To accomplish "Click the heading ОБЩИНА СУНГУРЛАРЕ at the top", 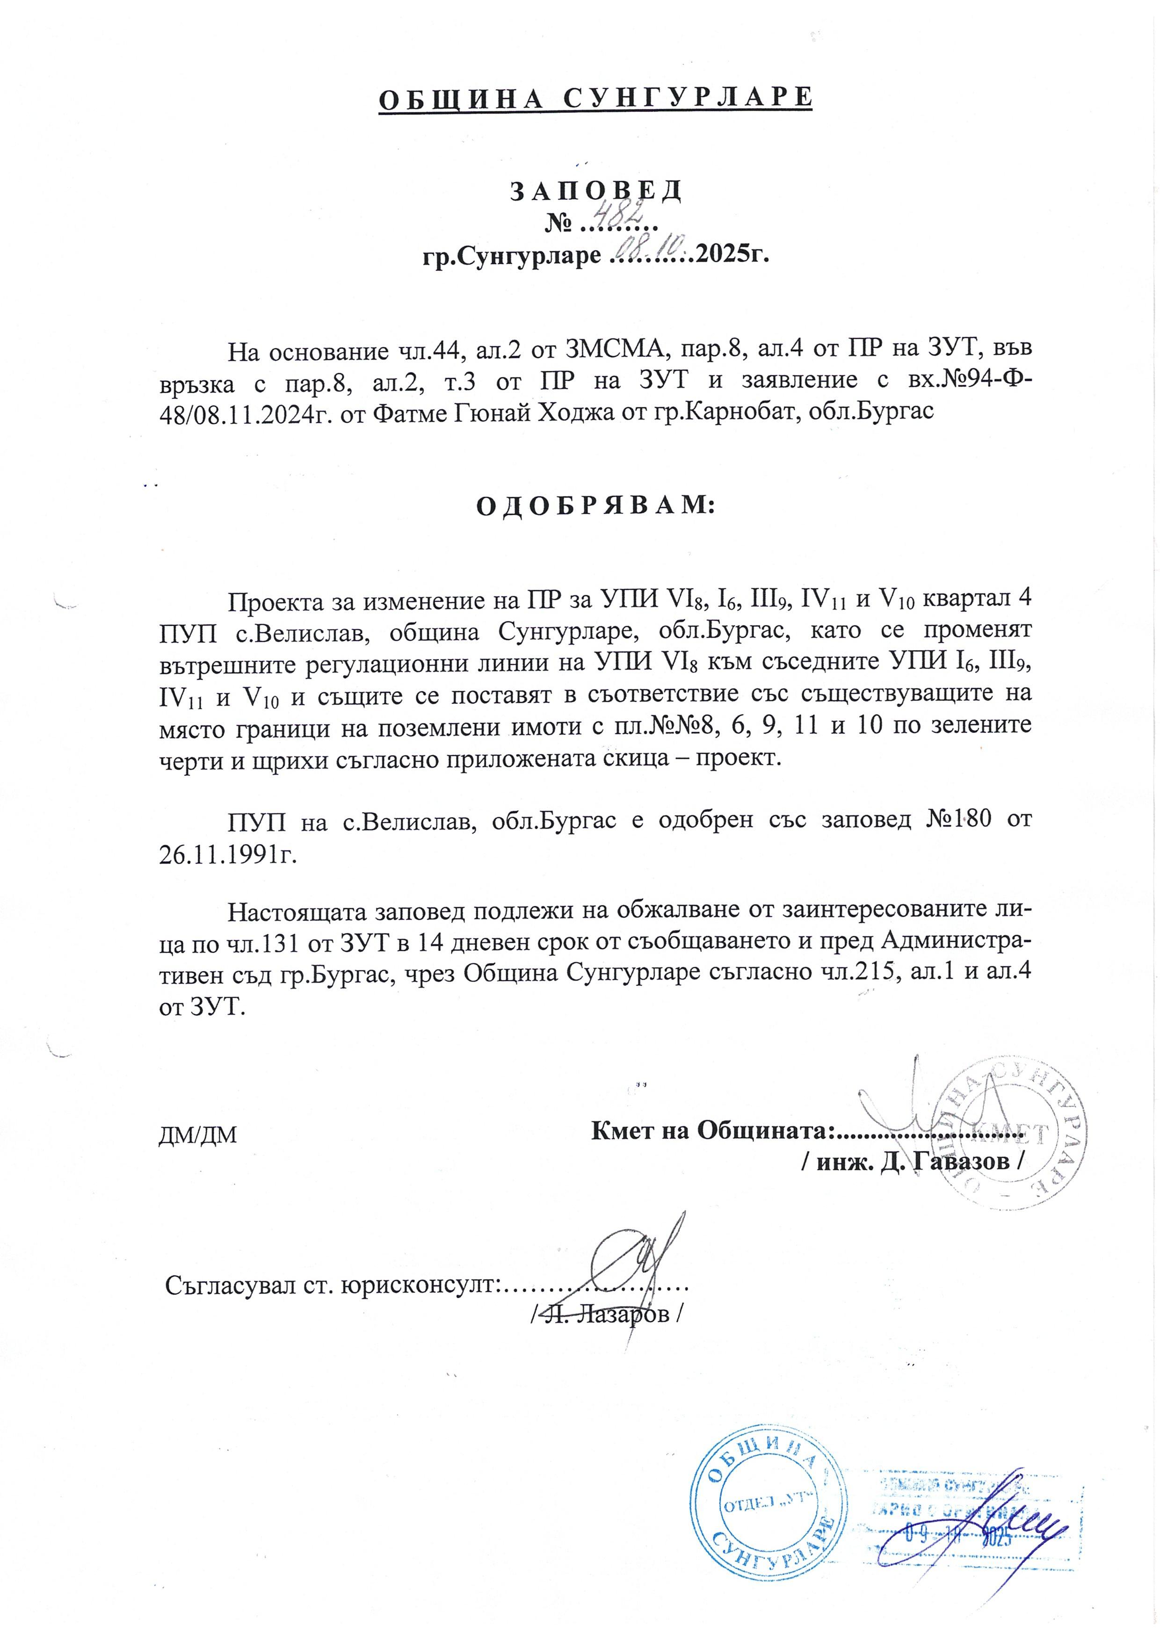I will coord(595,98).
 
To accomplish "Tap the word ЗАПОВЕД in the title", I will coord(596,191).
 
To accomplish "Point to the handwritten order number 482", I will coord(614,214).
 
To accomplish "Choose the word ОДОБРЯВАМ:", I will coord(595,505).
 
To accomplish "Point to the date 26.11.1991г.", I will coord(227,854).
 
